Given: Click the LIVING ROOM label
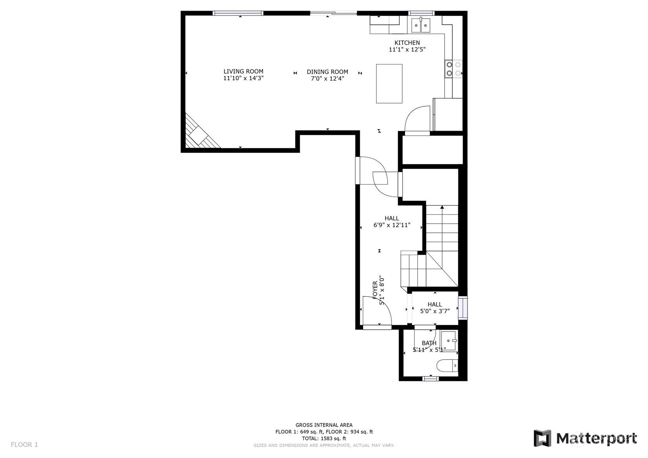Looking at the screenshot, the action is (x=243, y=72).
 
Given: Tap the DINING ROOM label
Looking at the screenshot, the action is (x=327, y=72).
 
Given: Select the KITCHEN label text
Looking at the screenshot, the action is (x=407, y=43).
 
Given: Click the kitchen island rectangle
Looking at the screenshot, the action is (x=389, y=84).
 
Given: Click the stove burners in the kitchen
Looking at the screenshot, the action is (x=454, y=69).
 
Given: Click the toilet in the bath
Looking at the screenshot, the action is (x=447, y=366).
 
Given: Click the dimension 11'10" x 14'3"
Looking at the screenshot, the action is (x=243, y=78).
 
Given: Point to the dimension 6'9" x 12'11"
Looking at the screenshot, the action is (x=392, y=225).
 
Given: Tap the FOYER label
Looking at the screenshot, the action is (x=375, y=290).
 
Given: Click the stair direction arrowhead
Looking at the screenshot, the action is (x=442, y=207).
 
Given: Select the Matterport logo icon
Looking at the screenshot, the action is (x=543, y=438).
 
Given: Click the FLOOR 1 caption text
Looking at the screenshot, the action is (x=24, y=445).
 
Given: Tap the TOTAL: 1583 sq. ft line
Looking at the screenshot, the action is (x=324, y=438).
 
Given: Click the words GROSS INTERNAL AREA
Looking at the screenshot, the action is (x=324, y=425).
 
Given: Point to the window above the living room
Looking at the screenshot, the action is (x=238, y=13).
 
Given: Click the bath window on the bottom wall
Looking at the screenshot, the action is (x=430, y=379).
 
